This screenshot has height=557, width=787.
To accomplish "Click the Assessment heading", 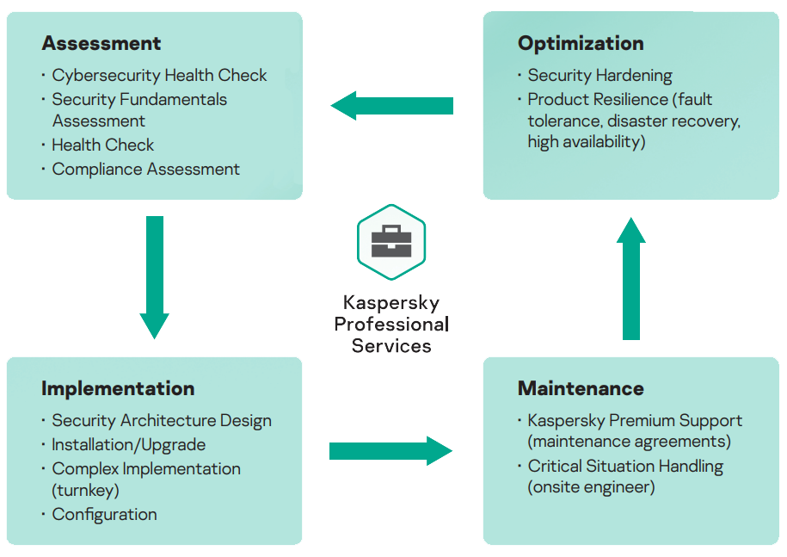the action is click(x=101, y=43).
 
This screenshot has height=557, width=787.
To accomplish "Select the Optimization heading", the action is click(x=581, y=44).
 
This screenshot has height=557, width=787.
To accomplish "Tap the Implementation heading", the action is click(x=118, y=389).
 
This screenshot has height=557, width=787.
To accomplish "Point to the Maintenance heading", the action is click(x=581, y=388).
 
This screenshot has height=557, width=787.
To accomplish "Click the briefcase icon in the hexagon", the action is click(x=391, y=241).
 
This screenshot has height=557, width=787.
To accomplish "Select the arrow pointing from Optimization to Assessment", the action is click(x=392, y=106).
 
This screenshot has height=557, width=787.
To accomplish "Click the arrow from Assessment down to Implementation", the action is click(x=155, y=277).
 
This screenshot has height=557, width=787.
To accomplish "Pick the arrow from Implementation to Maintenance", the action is click(x=391, y=451).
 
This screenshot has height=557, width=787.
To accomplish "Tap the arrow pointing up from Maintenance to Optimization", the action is click(x=631, y=279).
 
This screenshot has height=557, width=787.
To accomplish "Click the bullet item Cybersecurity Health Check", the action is click(x=159, y=76).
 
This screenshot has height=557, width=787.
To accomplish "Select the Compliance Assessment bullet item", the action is click(x=145, y=170).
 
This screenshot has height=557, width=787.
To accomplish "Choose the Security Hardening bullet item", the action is click(x=599, y=76).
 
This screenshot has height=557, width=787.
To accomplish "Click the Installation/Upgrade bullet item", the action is click(x=128, y=445).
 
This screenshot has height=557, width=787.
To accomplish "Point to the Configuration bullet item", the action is click(x=104, y=515).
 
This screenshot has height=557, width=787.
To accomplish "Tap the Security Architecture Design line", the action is click(x=162, y=421).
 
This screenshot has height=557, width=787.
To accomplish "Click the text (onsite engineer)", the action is click(x=591, y=487).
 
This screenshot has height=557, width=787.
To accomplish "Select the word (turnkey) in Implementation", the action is click(x=85, y=490).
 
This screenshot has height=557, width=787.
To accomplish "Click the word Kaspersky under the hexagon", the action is click(x=391, y=303).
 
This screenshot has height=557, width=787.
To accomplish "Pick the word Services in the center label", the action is click(x=391, y=346).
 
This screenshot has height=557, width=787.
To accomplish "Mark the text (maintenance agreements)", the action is click(x=630, y=442).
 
